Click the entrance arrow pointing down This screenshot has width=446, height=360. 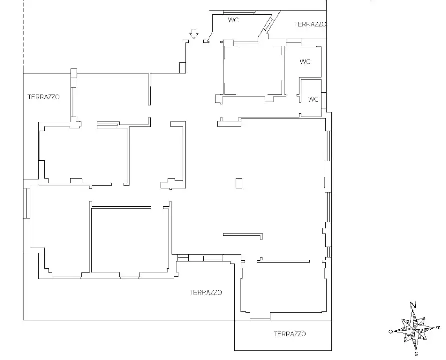194,34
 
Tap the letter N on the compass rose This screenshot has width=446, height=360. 413,305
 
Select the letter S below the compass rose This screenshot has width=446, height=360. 416,354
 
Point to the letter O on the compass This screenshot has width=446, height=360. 391,331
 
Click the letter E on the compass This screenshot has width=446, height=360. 438,328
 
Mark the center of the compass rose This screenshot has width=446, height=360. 414,330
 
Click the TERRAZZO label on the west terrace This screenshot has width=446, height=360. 44,97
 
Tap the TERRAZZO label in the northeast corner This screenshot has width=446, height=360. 310,24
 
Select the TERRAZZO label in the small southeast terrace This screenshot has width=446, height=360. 290,334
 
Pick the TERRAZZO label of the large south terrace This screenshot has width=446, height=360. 206,292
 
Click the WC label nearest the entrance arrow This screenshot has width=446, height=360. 233,20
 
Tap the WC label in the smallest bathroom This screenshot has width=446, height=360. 313,99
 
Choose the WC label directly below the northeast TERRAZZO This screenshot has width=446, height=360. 305,61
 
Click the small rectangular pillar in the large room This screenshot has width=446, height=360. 239,183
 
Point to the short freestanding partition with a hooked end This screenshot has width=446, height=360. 243,235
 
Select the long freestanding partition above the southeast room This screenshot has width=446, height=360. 283,261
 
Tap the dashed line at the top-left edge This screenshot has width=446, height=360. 23,36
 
